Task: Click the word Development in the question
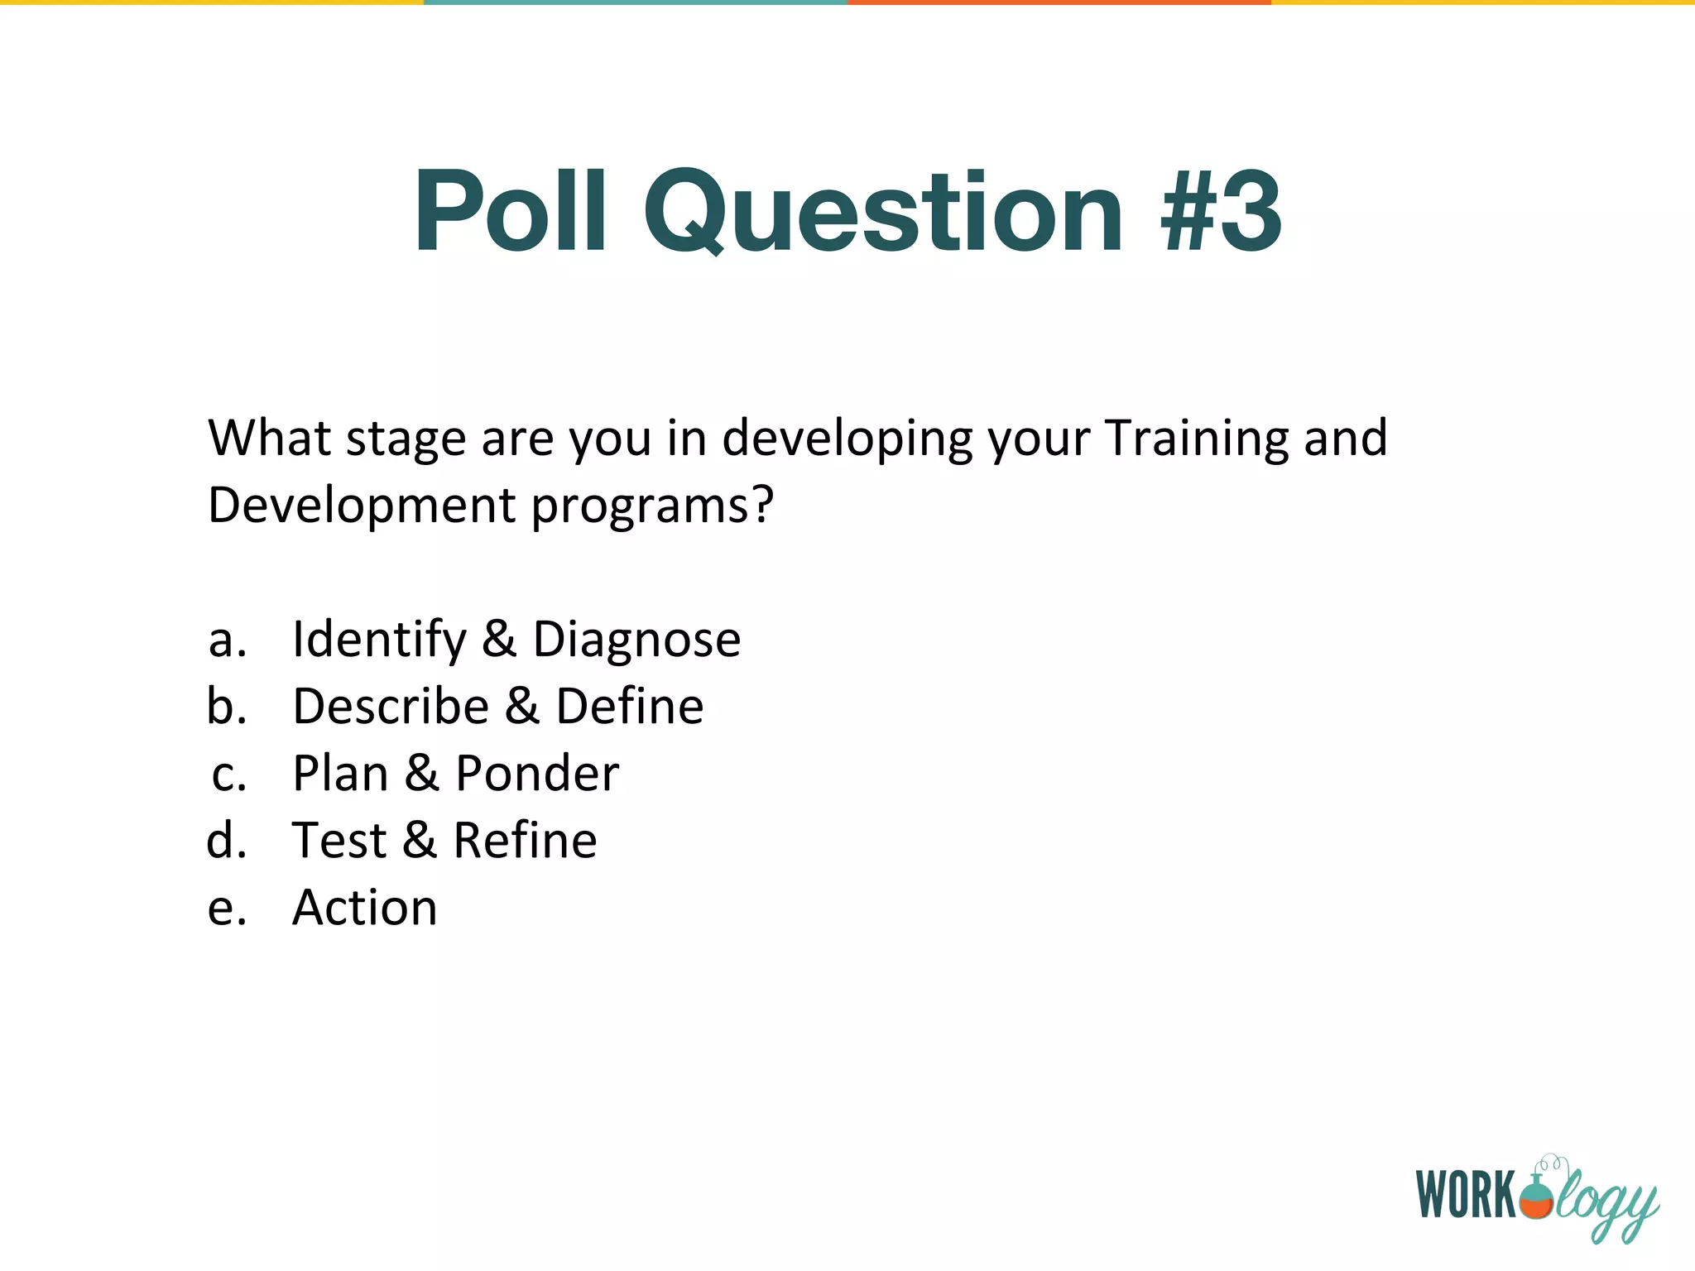coord(361,505)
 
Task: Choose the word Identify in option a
coord(380,640)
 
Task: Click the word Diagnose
coord(636,640)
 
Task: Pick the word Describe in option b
coord(391,706)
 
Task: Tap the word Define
coord(629,706)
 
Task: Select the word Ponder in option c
coord(537,773)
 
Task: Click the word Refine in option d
coord(525,840)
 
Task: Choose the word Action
coord(364,908)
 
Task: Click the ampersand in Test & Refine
coord(420,840)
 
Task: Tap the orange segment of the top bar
coord(1059,2)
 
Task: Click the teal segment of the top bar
coord(636,2)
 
